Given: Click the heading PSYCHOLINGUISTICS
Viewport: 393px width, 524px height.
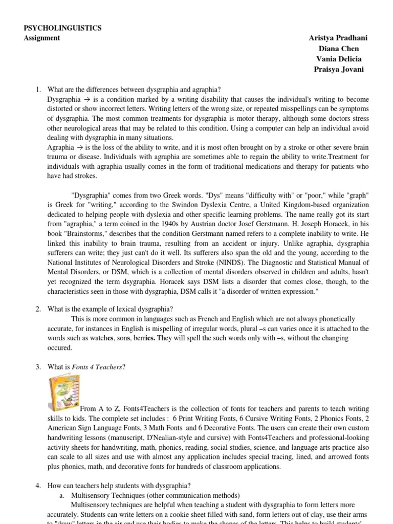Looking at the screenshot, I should pos(63,28).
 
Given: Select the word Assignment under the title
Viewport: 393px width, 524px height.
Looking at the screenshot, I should pos(42,38).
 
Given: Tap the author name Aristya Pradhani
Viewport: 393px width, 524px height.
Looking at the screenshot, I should pos(338,38).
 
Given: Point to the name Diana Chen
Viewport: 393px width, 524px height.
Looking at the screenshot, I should pos(338,49).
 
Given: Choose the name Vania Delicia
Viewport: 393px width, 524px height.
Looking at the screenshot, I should pos(338,59).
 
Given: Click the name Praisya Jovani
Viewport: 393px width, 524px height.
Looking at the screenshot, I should pos(338,70).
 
